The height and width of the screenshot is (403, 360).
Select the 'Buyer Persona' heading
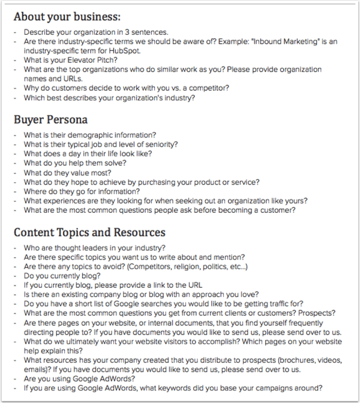point(50,119)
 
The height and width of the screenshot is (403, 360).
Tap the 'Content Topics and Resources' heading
point(89,231)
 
